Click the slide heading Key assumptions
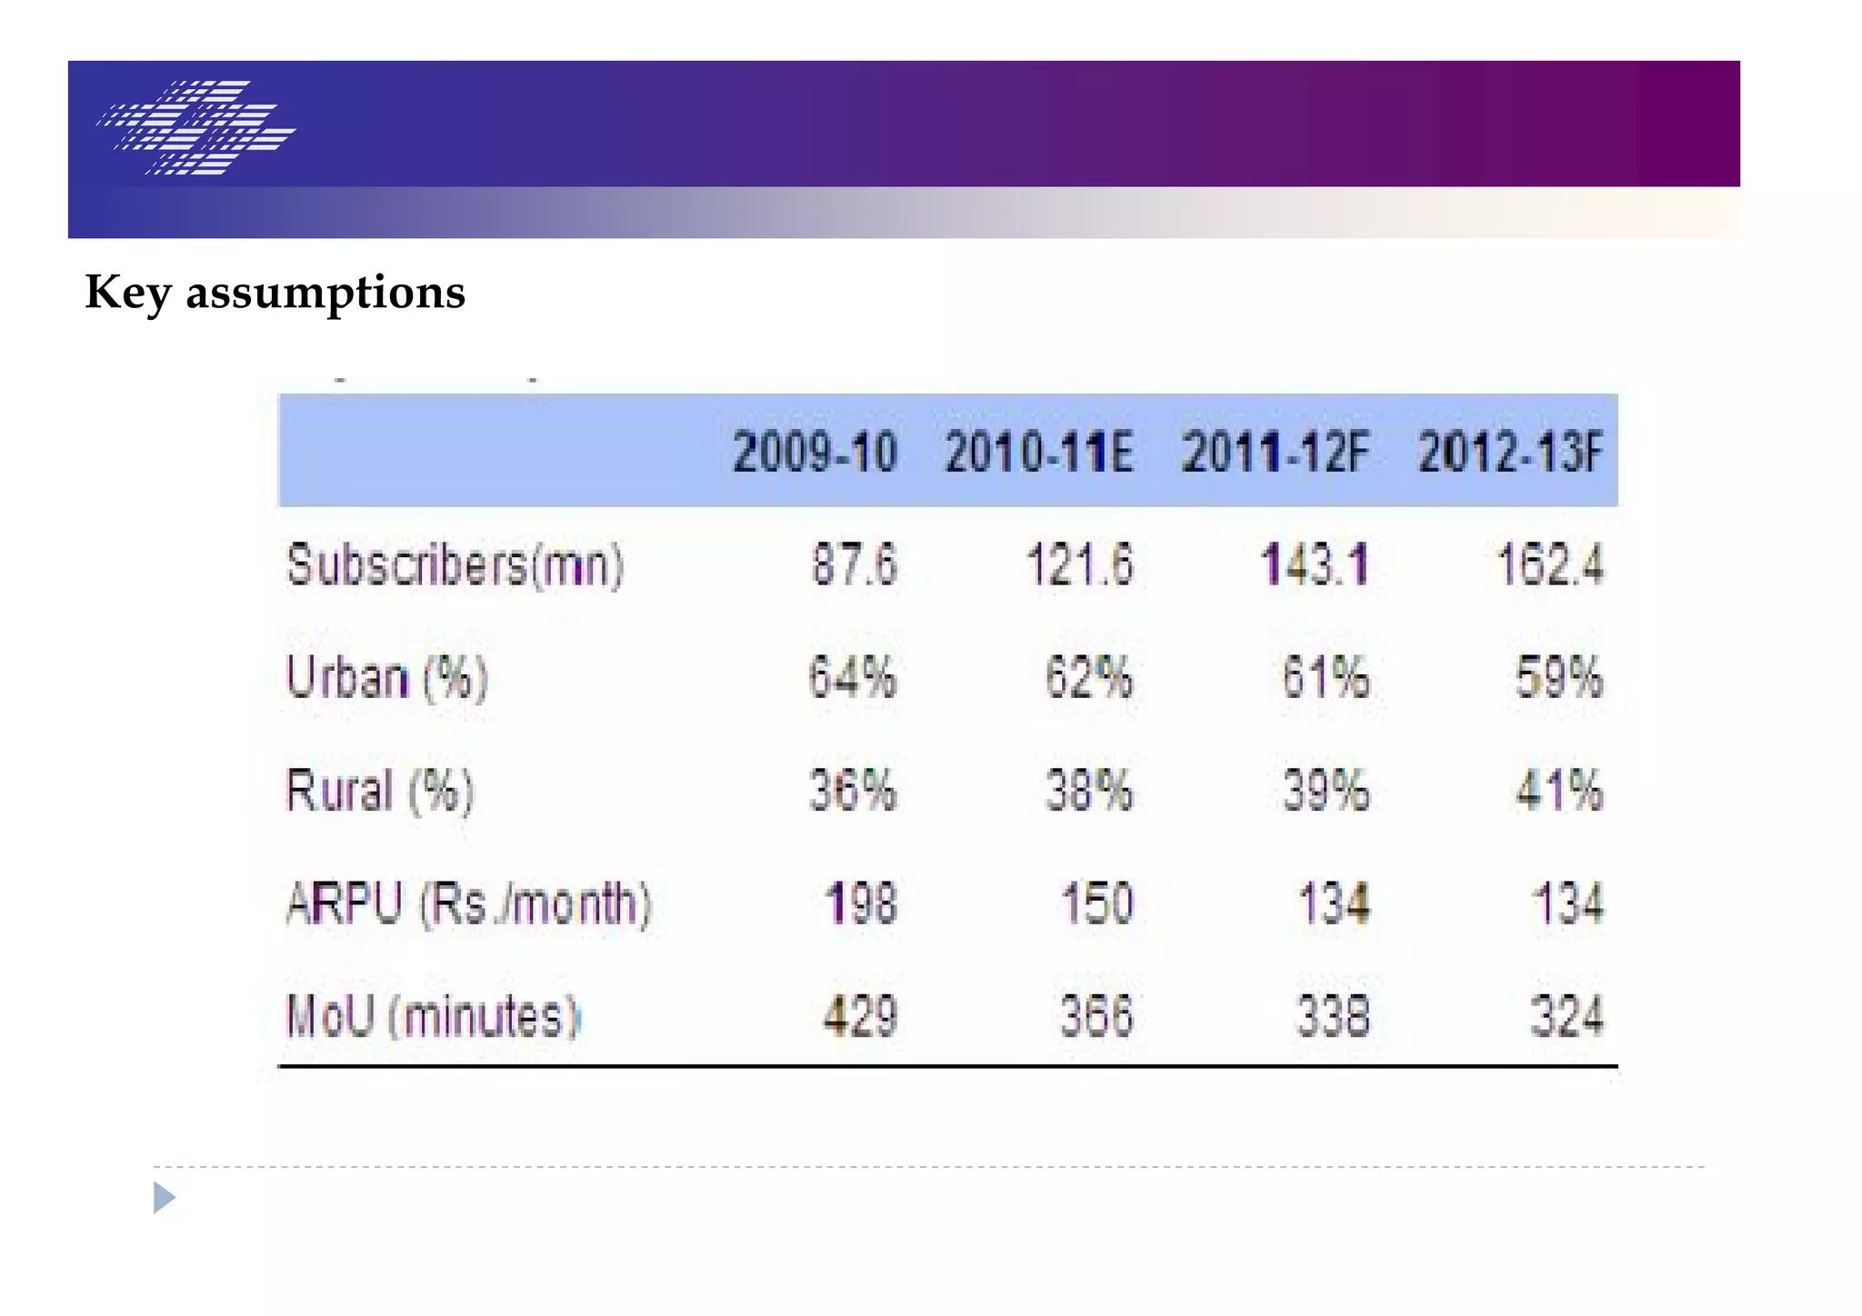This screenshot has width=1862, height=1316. tap(275, 293)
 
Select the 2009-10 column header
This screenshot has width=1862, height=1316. tap(815, 453)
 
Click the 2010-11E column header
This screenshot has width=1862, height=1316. tap(1038, 453)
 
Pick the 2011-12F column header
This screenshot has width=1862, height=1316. tap(1275, 453)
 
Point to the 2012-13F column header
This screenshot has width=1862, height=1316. tap(1510, 453)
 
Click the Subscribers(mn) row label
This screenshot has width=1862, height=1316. tap(455, 565)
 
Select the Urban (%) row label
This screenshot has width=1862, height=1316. tap(387, 678)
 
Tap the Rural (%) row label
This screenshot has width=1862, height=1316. tap(380, 791)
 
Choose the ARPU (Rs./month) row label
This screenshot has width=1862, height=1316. tap(468, 904)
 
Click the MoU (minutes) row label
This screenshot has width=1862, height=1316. tap(433, 1016)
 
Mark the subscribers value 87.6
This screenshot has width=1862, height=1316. tap(854, 564)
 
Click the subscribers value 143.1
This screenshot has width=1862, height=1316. tap(1315, 564)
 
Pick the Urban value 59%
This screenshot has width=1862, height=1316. tap(1558, 677)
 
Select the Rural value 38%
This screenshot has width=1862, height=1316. tap(1088, 790)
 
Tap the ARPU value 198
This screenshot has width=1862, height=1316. tap(861, 904)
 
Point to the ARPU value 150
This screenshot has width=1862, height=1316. tap(1097, 904)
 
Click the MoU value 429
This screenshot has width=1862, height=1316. tap(860, 1016)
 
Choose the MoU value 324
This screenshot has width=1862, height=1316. tap(1567, 1016)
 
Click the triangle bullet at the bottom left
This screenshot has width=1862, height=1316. tap(164, 1197)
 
